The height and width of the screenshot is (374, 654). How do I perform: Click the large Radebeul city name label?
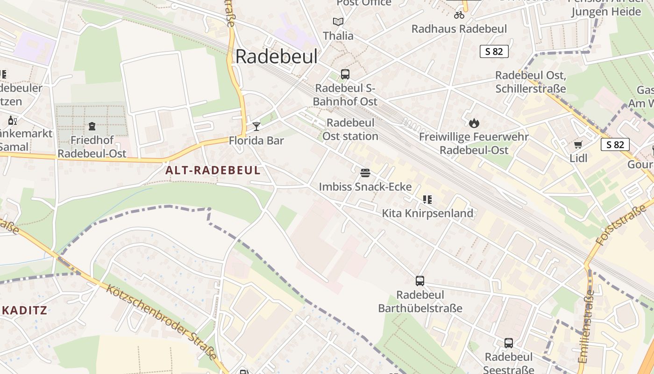[276, 57]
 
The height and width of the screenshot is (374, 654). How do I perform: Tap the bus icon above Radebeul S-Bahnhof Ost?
[345, 74]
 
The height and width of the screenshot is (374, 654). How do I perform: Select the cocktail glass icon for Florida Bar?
[256, 126]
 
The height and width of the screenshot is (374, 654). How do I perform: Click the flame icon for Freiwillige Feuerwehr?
[474, 123]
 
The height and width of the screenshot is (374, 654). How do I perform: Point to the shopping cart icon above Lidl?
[578, 144]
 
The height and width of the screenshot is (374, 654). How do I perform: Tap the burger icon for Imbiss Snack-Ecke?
[365, 173]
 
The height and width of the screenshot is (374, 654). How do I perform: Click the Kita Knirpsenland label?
[427, 214]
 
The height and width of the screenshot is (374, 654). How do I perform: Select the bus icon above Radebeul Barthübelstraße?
[420, 281]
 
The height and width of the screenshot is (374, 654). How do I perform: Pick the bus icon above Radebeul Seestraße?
[509, 343]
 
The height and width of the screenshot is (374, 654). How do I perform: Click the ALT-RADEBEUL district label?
[213, 170]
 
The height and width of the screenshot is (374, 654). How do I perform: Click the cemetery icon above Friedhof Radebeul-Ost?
[92, 126]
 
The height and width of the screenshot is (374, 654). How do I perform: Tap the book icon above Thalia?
[338, 22]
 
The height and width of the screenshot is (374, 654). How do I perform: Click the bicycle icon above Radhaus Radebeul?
[459, 14]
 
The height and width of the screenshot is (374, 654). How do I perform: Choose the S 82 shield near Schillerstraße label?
[494, 51]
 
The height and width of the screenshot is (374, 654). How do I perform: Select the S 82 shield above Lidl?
[615, 144]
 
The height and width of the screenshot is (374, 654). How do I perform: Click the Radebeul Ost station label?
[350, 129]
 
